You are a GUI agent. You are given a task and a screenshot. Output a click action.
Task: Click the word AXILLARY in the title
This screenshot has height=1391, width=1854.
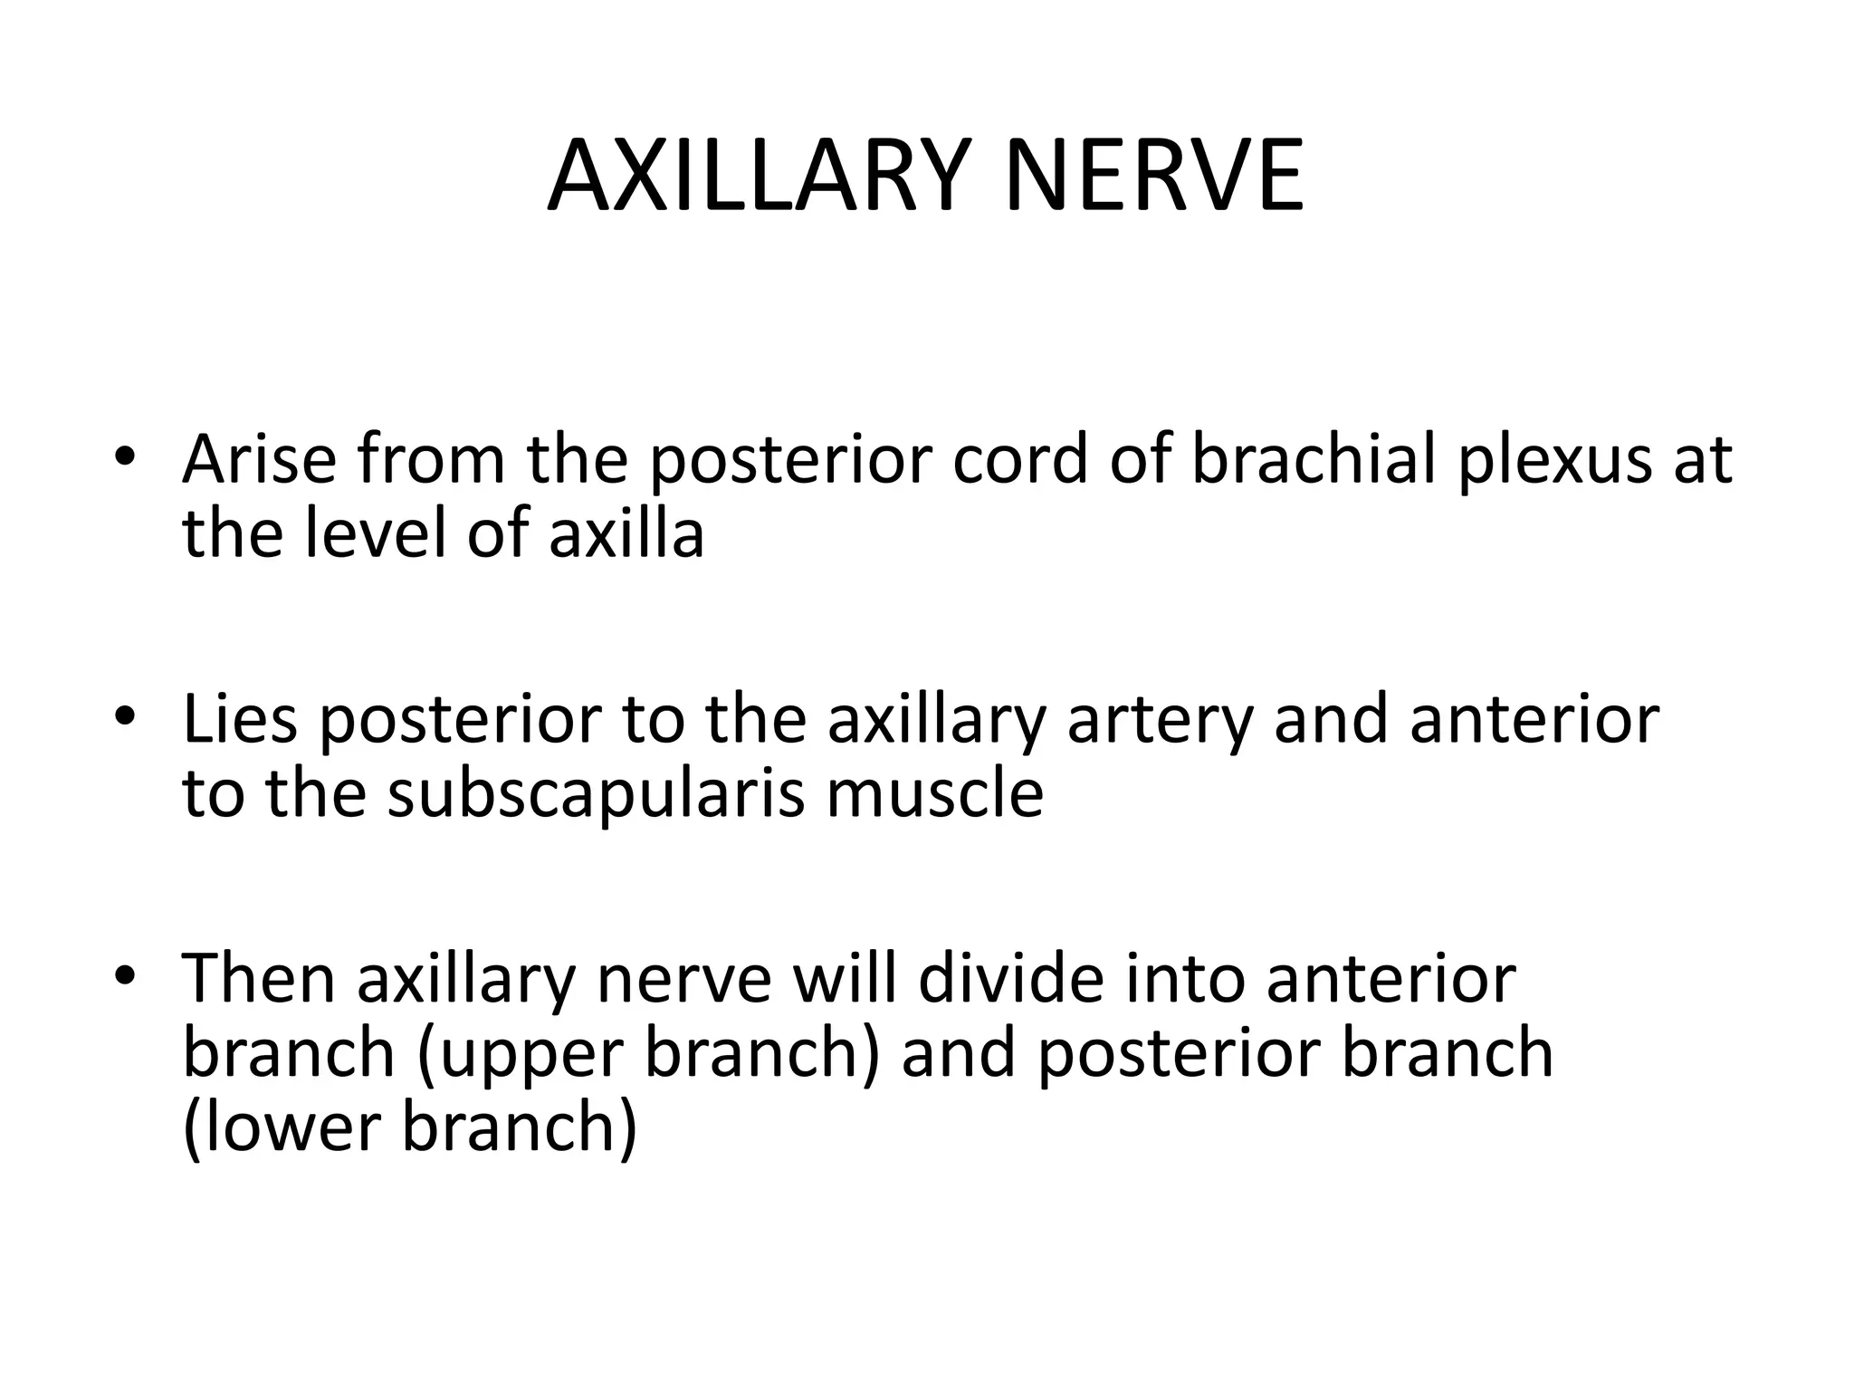tap(765, 176)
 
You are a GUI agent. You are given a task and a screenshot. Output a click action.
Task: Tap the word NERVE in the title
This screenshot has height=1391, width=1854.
tap(1154, 176)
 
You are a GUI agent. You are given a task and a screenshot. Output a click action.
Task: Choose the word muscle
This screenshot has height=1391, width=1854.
tap(935, 794)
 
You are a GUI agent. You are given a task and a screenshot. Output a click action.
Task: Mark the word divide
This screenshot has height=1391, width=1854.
tap(1013, 979)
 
